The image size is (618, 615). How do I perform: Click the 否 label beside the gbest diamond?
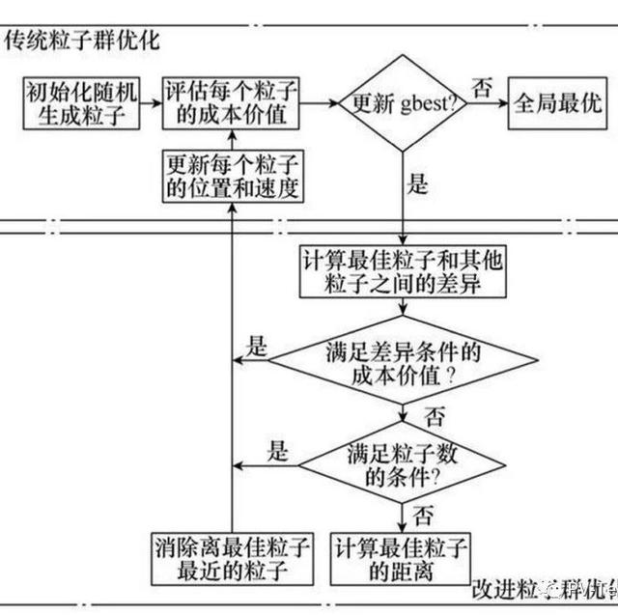click(481, 87)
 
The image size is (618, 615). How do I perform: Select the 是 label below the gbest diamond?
click(417, 184)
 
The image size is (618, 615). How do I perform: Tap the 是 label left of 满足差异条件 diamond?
click(255, 347)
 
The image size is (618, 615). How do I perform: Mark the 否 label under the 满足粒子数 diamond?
click(423, 515)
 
